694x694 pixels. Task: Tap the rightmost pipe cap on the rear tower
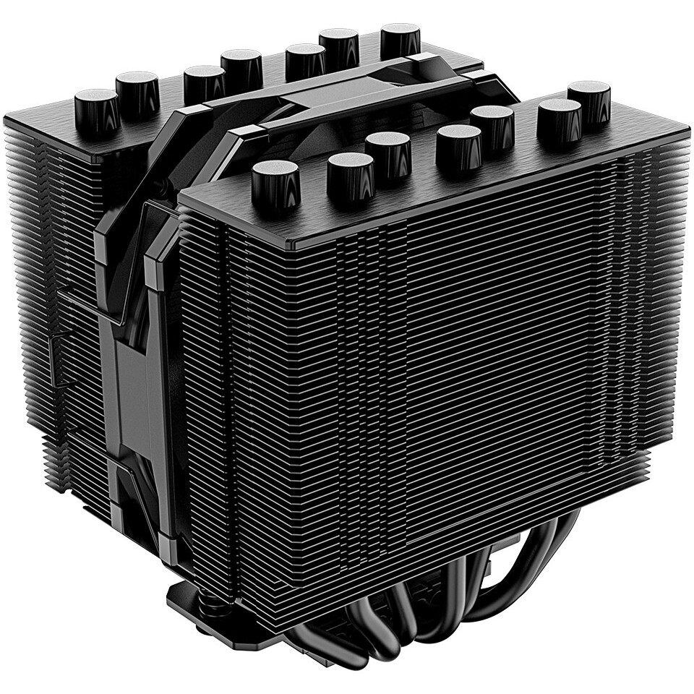click(x=400, y=39)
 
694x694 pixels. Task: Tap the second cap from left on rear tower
click(x=137, y=93)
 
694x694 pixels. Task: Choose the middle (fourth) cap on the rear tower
click(x=241, y=68)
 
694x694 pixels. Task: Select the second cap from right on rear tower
click(x=340, y=46)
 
